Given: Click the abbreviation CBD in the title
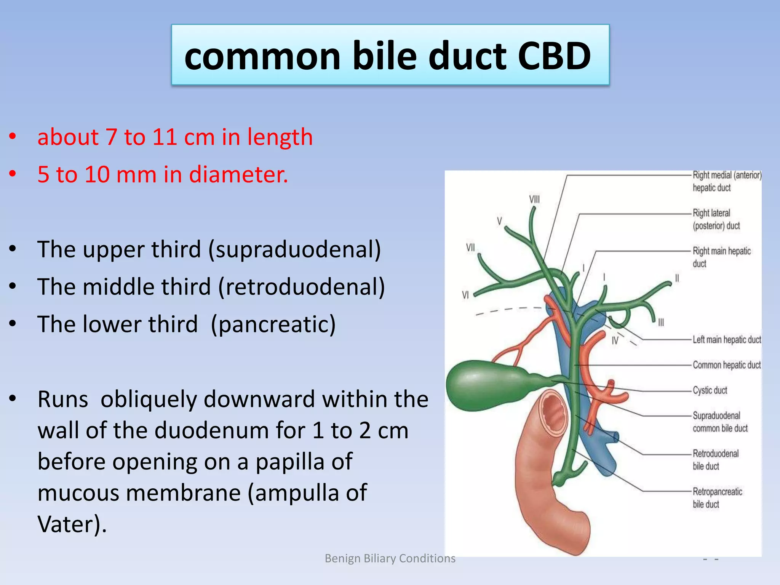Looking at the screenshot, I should coord(554,56).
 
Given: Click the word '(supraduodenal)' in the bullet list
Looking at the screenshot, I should coord(294,249).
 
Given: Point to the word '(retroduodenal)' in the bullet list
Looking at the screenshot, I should coord(301,287).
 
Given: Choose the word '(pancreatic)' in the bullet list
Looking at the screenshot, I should coord(273,324).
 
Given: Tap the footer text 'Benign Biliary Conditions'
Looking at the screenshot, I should coord(390,558).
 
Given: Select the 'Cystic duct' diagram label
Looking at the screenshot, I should coord(710,390).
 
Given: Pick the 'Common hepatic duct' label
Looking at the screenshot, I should coord(726,365).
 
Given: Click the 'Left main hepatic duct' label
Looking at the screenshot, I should coord(726,339).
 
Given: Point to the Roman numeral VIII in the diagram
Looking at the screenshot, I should coord(534,199).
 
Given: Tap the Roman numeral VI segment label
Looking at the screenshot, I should coord(465,295).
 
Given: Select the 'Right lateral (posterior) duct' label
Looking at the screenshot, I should coord(716,219).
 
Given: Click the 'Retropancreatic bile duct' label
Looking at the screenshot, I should coord(717,498).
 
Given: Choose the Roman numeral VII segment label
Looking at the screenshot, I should coord(470,248).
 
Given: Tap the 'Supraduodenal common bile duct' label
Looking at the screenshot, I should coord(719,422).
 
